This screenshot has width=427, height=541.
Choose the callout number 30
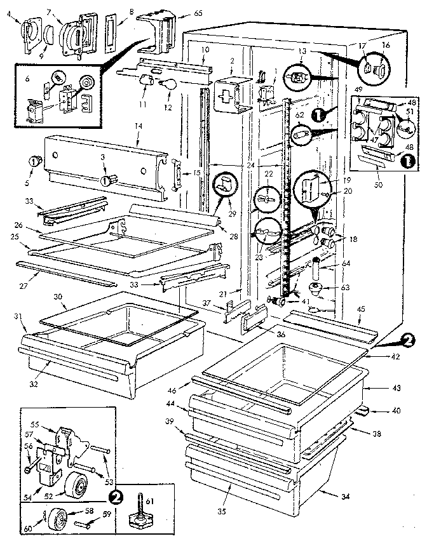click(57, 297)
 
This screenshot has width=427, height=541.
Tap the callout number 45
click(360, 310)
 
